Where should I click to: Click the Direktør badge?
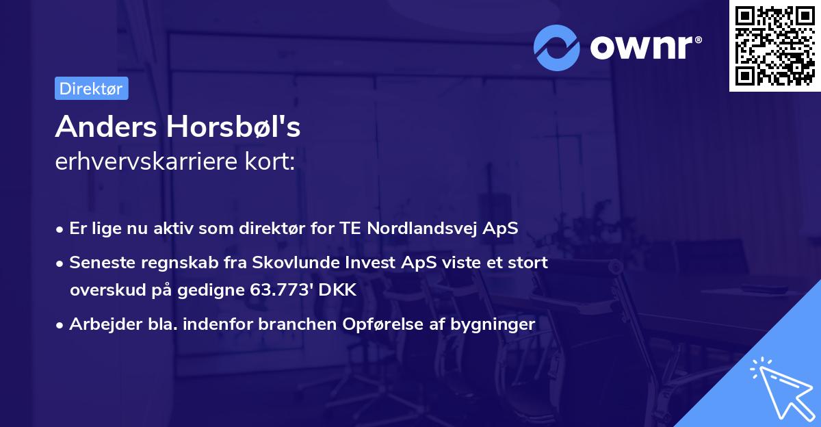(91, 89)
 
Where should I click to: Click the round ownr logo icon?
(557, 47)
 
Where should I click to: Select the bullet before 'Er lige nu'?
(60, 229)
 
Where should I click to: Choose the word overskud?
(103, 290)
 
